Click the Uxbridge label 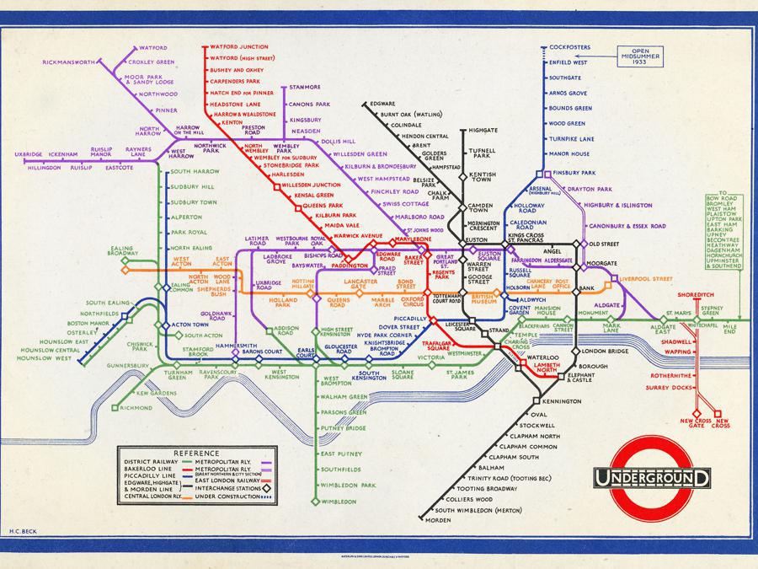pyautogui.click(x=29, y=154)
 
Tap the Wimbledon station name pyautogui.click(x=339, y=502)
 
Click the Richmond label pyautogui.click(x=136, y=407)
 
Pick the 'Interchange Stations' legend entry pyautogui.click(x=229, y=487)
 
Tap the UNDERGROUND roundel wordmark pyautogui.click(x=652, y=479)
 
